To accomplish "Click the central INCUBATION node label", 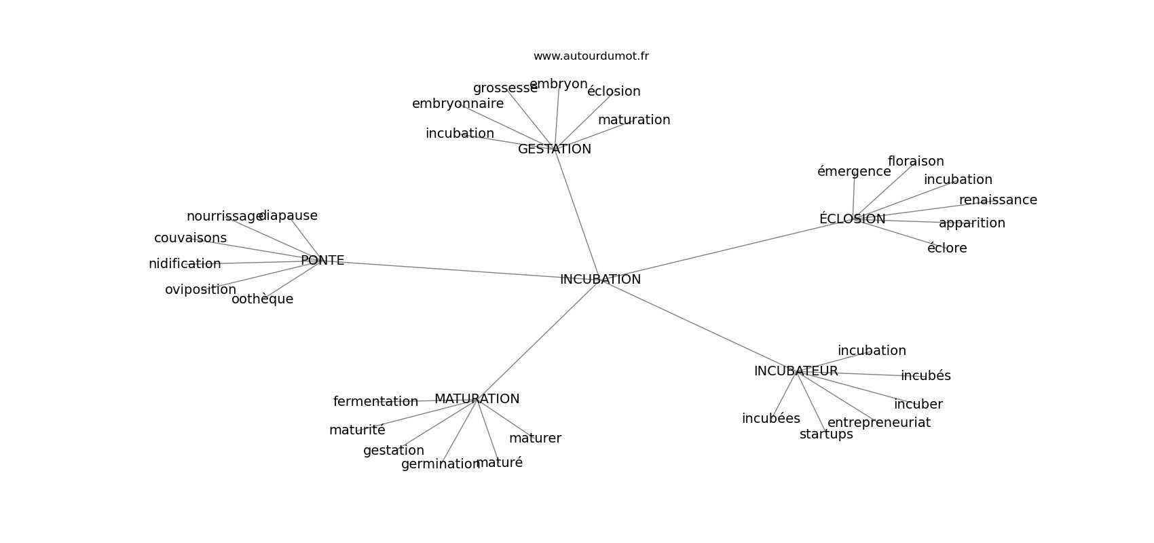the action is (x=600, y=279).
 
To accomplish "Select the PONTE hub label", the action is (x=322, y=261).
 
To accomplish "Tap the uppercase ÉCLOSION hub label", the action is (x=852, y=218).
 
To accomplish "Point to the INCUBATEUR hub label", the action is (x=796, y=371).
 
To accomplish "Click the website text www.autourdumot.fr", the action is (x=591, y=56).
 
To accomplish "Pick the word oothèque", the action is (x=262, y=299).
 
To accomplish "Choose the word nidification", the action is (x=185, y=264).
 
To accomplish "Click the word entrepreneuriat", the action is (x=879, y=423).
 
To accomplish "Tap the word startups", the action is (x=826, y=434).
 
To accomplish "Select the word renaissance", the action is (x=998, y=200).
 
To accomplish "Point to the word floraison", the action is (x=916, y=162).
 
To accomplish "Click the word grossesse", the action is (x=505, y=88).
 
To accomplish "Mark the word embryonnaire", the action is (x=458, y=104).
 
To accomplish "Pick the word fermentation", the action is (x=375, y=401).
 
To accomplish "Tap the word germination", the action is (x=441, y=464).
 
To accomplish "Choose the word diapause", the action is (x=288, y=216).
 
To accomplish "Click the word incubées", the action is (x=770, y=419).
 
